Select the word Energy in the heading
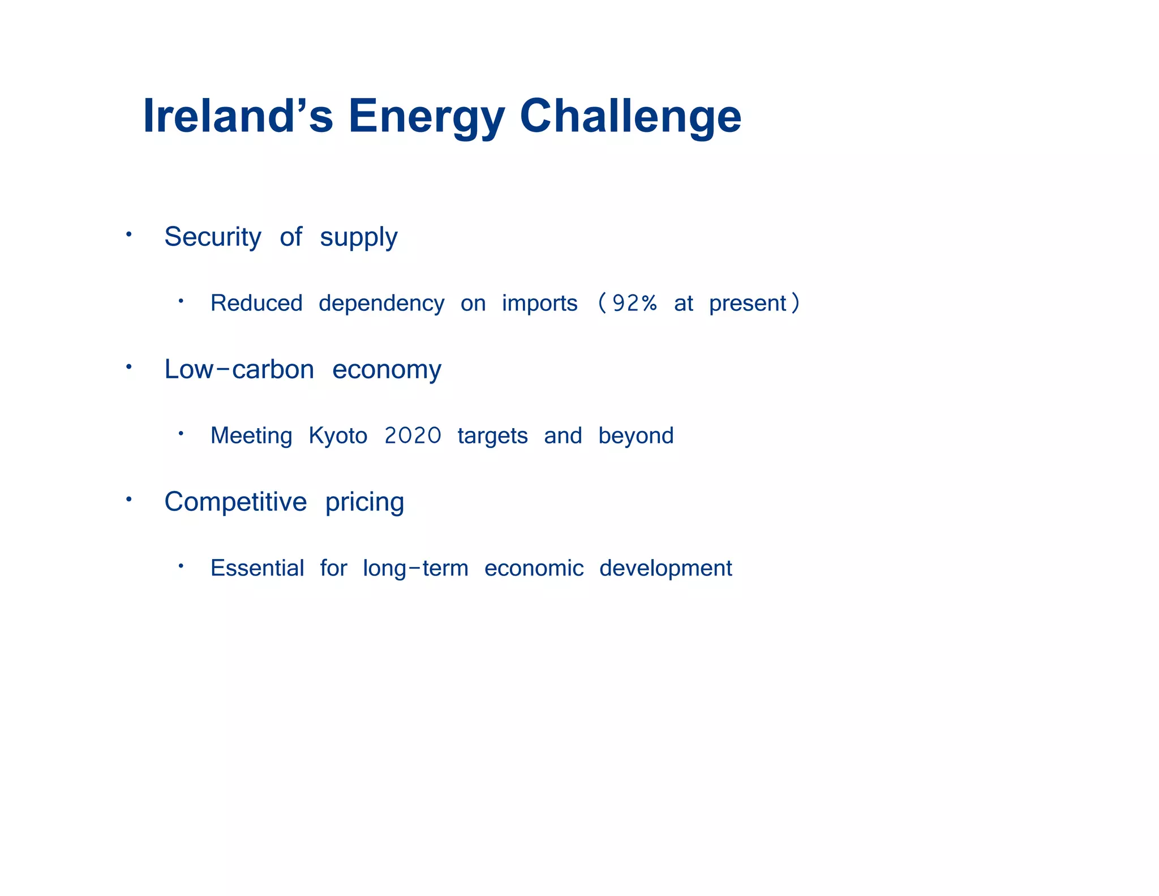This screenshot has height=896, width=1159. click(x=426, y=117)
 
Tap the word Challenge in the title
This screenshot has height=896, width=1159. click(x=630, y=117)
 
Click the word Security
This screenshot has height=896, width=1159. click(x=213, y=237)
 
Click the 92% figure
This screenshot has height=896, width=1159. click(x=634, y=304)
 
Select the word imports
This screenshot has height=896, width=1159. click(x=539, y=304)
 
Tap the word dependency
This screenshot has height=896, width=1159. click(x=381, y=304)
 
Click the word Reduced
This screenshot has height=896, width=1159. click(x=256, y=304)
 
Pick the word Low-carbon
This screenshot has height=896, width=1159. click(x=239, y=369)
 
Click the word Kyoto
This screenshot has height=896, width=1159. click(x=338, y=436)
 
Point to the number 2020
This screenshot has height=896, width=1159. click(x=413, y=436)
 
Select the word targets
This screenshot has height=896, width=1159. click(x=492, y=436)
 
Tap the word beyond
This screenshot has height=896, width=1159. click(x=636, y=436)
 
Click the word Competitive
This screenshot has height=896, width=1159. click(x=235, y=502)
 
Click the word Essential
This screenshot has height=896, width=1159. click(x=257, y=568)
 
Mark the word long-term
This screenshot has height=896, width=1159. click(x=415, y=569)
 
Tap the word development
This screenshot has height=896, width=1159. click(x=666, y=569)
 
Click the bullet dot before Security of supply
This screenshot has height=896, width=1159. click(x=129, y=234)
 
